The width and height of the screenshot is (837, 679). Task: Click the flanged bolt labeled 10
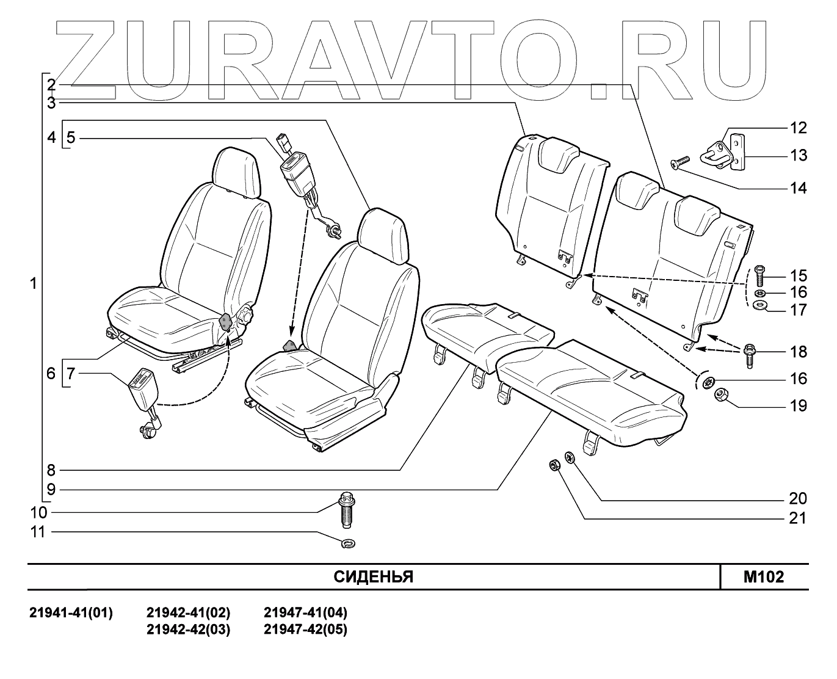346,510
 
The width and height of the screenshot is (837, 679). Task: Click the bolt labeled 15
759,276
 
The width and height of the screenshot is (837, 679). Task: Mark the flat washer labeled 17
761,305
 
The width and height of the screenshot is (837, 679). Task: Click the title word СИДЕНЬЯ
373,577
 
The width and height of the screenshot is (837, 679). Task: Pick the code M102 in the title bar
763,577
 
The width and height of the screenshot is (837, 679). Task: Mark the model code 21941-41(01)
71,612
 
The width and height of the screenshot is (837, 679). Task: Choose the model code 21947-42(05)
305,630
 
